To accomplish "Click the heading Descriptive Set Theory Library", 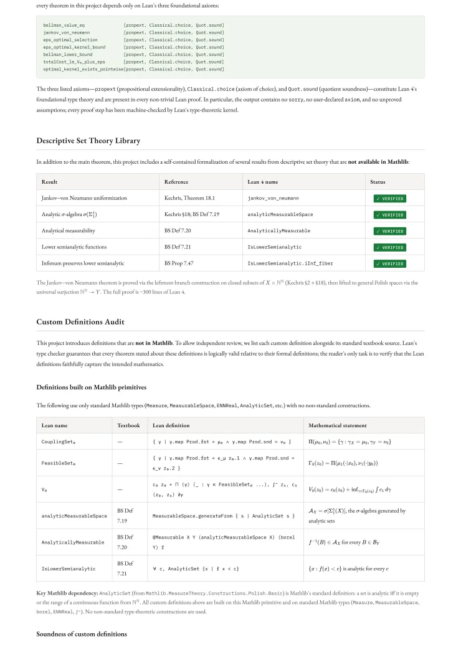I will point(88,141).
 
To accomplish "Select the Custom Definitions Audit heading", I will point(80,322).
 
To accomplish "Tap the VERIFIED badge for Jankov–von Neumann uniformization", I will point(389,199).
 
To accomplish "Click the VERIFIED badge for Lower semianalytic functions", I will point(389,247).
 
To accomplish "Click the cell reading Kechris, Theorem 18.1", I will point(188,198).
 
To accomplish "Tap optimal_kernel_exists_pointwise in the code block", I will point(80,69).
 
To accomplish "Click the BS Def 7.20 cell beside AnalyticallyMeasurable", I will point(125,542).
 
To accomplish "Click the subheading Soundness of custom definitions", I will point(82,634).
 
